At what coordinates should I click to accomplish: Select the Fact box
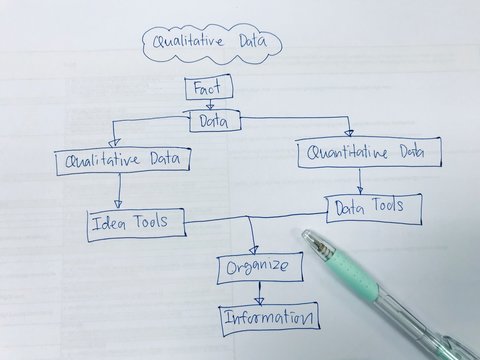tap(208, 88)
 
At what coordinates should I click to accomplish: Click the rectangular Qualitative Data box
tap(123, 159)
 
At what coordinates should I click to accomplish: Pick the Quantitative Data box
tap(368, 154)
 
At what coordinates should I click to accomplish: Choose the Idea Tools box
tap(136, 222)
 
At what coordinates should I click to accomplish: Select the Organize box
tap(258, 268)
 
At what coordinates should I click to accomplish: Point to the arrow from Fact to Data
tap(211, 104)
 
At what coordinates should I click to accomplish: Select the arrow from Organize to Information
tap(260, 293)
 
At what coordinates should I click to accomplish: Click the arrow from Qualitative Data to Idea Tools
tap(120, 191)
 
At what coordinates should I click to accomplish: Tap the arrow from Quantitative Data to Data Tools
tap(360, 182)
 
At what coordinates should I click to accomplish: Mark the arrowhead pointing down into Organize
tap(254, 250)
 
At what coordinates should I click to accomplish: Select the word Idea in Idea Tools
tap(109, 222)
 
